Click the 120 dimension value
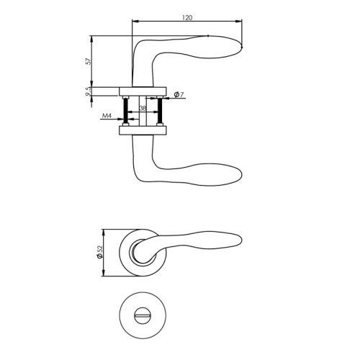point(187,17)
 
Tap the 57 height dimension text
point(89,61)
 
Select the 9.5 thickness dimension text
point(89,91)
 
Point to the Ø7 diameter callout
point(179,94)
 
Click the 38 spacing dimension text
point(143,108)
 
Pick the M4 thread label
point(107,116)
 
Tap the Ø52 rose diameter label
point(99,252)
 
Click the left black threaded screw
point(126,111)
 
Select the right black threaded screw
point(160,111)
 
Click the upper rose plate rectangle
point(143,91)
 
